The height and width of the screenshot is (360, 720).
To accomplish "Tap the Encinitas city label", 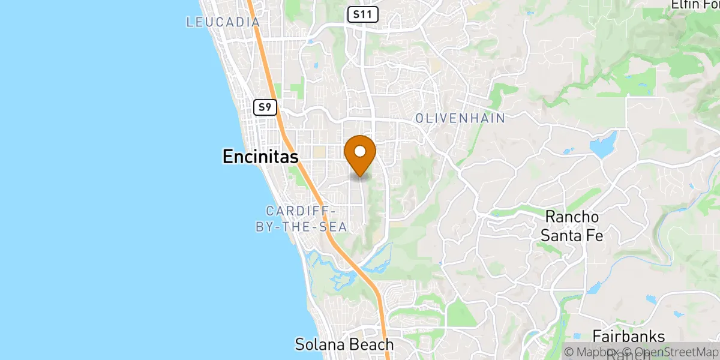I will (260, 157).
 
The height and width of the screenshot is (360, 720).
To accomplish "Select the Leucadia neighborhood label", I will (223, 22).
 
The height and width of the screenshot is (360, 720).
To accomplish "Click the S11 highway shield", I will (363, 15).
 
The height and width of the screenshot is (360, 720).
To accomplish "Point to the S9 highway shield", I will (265, 107).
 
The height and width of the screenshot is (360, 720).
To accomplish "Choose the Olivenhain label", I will (460, 119).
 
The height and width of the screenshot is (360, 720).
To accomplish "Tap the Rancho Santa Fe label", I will (572, 226).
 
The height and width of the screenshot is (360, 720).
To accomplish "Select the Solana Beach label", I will (344, 344).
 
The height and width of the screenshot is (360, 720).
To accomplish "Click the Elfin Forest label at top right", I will (695, 5).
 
